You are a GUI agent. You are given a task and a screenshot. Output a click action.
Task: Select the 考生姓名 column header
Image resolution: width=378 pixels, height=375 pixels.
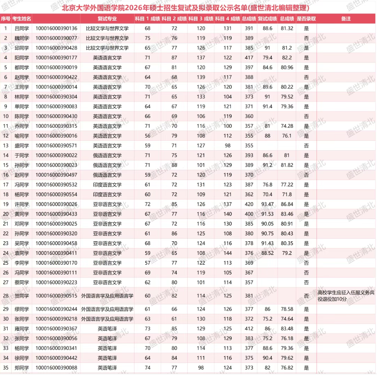click(x=21, y=19)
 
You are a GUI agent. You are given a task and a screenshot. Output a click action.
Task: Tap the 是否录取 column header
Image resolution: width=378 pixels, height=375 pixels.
click(x=306, y=19)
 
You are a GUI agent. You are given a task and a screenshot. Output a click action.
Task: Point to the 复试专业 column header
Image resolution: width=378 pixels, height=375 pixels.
click(x=107, y=19)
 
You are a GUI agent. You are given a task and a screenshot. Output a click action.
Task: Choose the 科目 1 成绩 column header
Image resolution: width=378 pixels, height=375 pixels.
click(x=147, y=19)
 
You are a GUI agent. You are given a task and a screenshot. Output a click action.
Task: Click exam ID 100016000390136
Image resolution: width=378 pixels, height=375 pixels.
click(x=56, y=28)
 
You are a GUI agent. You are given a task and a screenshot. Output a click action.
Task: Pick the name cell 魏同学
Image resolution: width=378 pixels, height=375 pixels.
click(x=21, y=38)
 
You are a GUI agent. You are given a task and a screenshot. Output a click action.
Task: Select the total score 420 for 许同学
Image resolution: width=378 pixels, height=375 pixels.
click(x=248, y=204)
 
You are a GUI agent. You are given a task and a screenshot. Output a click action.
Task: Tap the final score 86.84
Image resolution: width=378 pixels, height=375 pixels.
click(x=287, y=204)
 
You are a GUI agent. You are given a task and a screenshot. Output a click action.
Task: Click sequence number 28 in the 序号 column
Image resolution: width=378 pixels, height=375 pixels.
click(x=6, y=295)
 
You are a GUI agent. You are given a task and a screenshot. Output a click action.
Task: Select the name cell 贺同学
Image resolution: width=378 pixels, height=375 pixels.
click(x=21, y=295)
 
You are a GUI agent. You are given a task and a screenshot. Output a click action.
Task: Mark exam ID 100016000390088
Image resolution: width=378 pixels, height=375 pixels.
click(x=56, y=367)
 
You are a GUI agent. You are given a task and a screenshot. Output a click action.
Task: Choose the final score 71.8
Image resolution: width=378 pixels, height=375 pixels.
click(x=287, y=194)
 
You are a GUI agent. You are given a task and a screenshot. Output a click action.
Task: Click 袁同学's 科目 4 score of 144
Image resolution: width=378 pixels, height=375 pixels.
click(x=228, y=253)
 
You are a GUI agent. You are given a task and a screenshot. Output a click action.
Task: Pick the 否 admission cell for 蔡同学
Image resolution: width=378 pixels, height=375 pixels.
click(x=306, y=282)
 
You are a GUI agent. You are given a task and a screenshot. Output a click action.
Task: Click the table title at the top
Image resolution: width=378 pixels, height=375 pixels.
click(x=189, y=8)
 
